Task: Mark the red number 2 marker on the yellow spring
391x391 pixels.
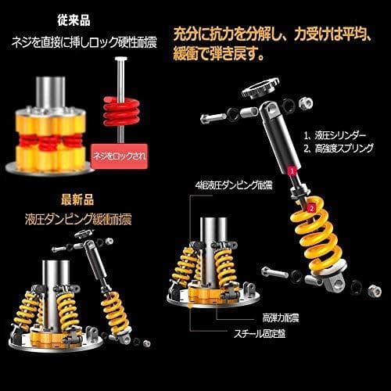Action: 310,208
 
